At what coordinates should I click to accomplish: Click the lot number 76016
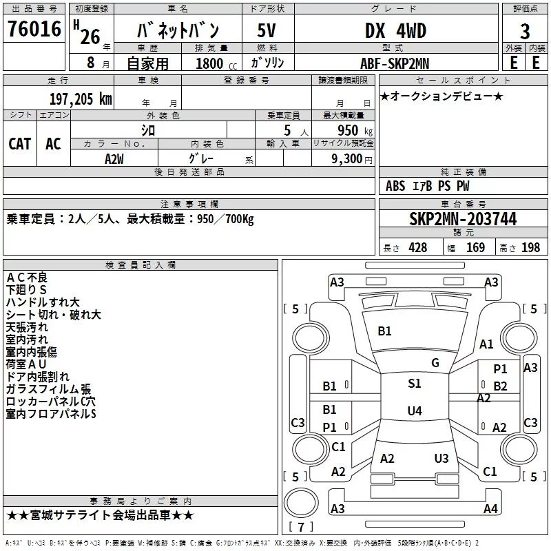(34, 28)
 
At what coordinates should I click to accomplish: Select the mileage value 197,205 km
(81, 99)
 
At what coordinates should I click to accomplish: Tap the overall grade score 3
(525, 32)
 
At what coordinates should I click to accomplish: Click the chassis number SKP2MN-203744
(463, 219)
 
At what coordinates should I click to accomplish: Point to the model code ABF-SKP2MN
(395, 63)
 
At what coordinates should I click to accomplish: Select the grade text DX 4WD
(395, 30)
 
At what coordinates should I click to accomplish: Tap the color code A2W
(114, 159)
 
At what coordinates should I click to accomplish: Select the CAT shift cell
(20, 144)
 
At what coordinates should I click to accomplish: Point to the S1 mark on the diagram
(415, 384)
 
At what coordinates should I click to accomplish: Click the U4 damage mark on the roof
(415, 410)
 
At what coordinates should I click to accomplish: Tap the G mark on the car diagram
(435, 363)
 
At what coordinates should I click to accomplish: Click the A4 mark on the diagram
(490, 508)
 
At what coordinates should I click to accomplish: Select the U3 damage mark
(441, 458)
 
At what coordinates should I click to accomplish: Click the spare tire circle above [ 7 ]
(301, 503)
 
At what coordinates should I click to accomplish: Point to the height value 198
(530, 247)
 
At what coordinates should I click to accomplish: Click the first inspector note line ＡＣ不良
(27, 278)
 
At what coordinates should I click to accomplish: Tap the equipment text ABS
(395, 186)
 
